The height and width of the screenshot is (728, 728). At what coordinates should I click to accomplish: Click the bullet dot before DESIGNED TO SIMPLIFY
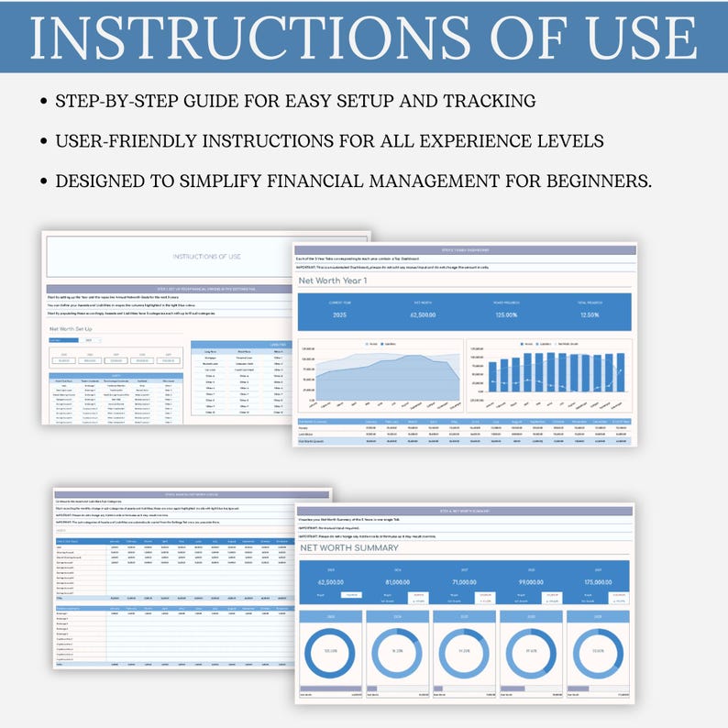[44, 182]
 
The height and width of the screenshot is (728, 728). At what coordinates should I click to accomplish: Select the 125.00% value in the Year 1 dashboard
[507, 314]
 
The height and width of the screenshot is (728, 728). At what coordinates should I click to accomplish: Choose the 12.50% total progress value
[590, 314]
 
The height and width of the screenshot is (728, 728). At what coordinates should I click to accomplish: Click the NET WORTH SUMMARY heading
[349, 548]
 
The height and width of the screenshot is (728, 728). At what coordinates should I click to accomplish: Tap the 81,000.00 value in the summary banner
[397, 581]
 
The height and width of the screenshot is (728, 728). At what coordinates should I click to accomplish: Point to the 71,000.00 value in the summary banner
[464, 581]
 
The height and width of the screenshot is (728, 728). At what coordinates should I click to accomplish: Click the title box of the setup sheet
[205, 257]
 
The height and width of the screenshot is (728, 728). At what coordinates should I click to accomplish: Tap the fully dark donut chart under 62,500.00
[330, 649]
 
